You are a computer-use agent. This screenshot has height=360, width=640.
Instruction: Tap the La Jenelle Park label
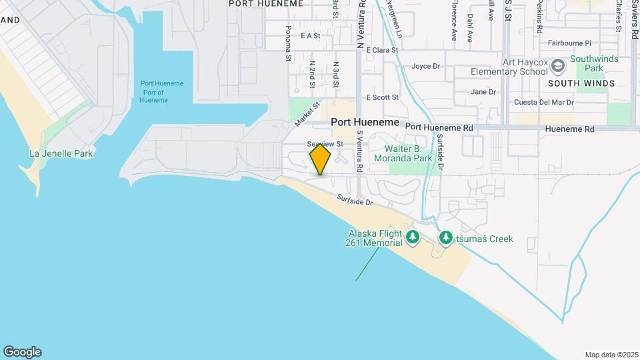(61, 153)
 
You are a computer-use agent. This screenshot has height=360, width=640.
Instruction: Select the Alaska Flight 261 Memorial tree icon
(413, 237)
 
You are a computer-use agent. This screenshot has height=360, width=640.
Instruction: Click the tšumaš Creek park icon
(445, 237)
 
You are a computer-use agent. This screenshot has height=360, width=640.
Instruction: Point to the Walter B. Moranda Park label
(409, 154)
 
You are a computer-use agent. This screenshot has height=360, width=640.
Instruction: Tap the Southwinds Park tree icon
(558, 64)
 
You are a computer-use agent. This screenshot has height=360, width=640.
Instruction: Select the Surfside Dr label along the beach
(354, 199)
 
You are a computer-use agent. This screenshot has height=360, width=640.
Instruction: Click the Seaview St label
(325, 144)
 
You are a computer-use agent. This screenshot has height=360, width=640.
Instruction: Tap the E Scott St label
(382, 97)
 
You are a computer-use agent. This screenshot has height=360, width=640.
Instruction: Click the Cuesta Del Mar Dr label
(543, 103)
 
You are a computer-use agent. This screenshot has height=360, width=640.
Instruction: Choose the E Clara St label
(381, 50)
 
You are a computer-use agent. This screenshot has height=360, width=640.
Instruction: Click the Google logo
(22, 352)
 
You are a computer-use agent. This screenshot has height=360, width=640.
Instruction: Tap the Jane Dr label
(483, 92)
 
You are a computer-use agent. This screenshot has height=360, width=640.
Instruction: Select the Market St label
(307, 113)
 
